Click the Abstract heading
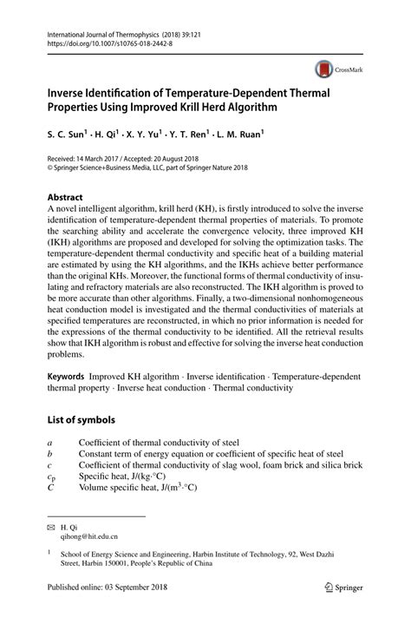coord(66,197)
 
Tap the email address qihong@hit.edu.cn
coord(89,537)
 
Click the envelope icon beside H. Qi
coord(50,526)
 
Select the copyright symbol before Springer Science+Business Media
coord(50,167)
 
